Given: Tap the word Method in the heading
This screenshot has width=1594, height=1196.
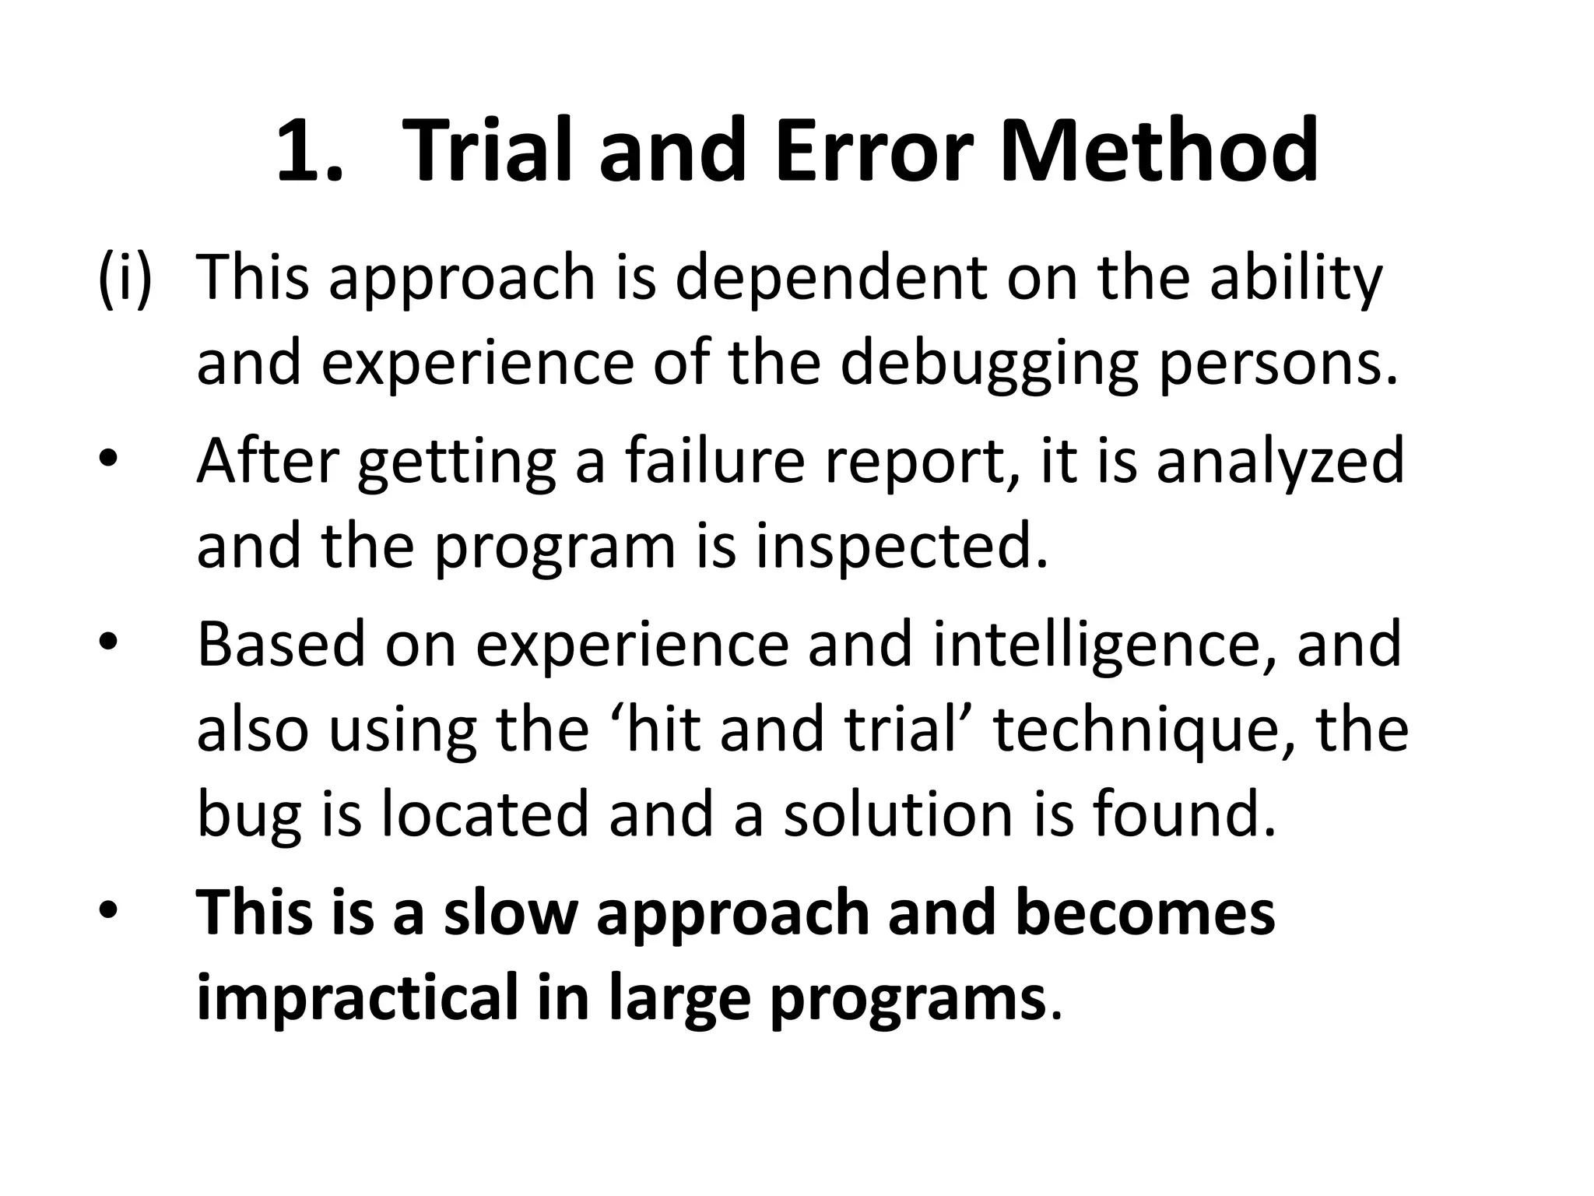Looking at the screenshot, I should tap(1159, 149).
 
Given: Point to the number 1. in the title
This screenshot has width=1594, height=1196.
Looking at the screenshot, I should tap(310, 151).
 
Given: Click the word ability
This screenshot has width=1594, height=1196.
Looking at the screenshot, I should tap(1295, 280).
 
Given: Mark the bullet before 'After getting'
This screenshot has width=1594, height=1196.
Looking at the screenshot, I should tap(108, 461).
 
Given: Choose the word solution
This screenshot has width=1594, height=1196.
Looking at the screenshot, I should tap(899, 814).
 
